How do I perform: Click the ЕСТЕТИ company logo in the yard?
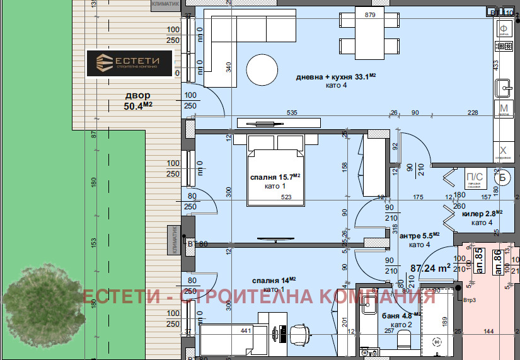pos(129,64)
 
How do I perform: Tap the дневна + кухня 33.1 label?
pos(336,78)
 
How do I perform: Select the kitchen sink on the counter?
pos(504,86)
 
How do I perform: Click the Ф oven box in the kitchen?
pos(504,29)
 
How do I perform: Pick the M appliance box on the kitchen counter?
pos(504,108)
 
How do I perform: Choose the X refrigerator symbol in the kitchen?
pos(503,151)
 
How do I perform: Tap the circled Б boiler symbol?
pos(503,177)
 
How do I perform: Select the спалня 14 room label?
pos(274,280)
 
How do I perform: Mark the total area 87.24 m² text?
pos(431,267)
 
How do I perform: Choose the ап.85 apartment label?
pos(478,260)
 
